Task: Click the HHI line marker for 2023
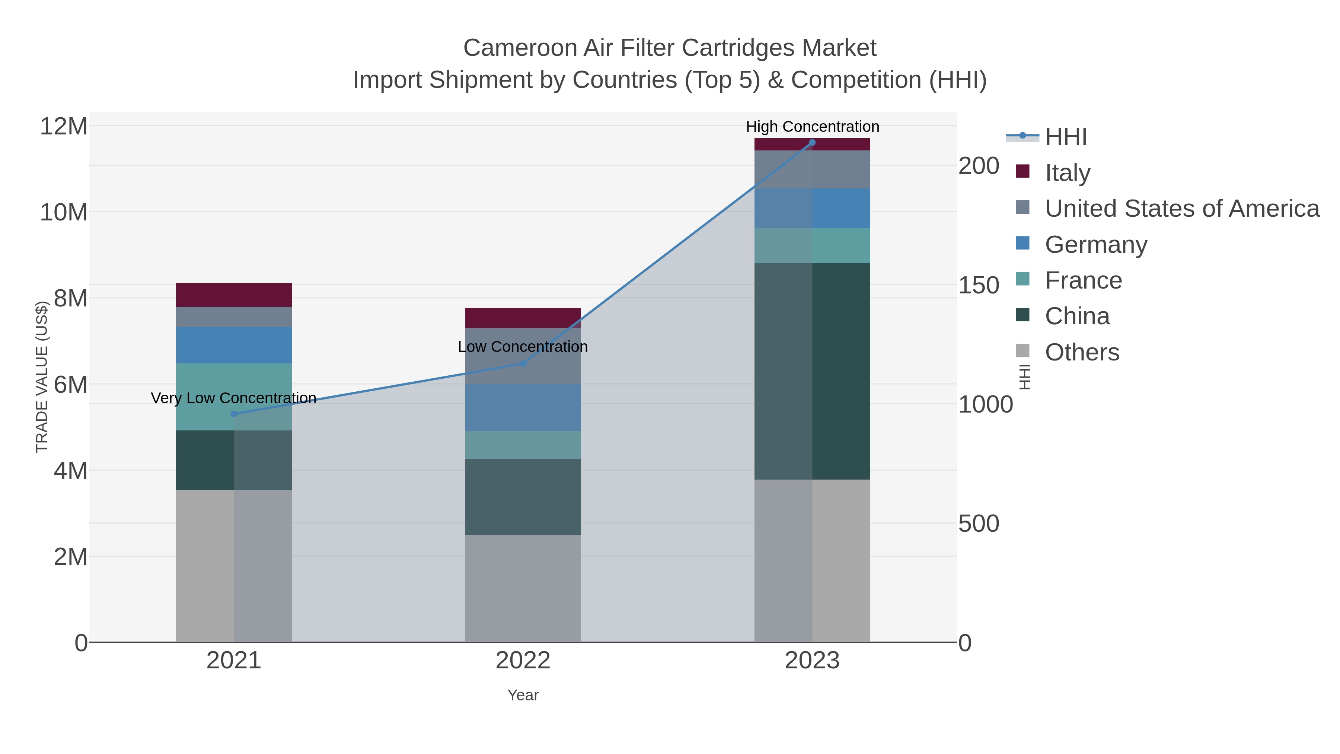coord(812,143)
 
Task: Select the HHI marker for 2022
coord(523,364)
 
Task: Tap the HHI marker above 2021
coord(233,414)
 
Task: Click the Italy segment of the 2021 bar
coord(233,295)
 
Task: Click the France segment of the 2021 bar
coord(233,397)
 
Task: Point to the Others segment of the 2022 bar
coord(523,588)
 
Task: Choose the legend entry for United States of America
coord(1181,209)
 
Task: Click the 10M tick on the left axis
coord(63,212)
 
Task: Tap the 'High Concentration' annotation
coord(812,127)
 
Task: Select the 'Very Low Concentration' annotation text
coord(233,398)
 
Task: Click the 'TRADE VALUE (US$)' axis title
coord(42,377)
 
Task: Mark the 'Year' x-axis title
coord(523,695)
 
